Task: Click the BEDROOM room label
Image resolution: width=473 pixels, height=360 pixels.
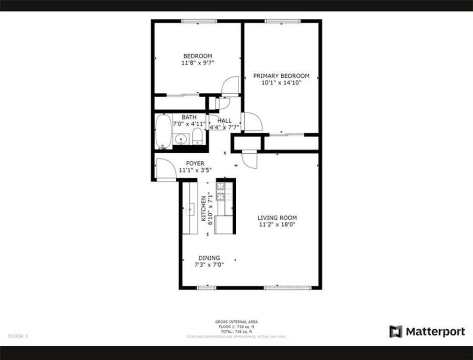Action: (197, 56)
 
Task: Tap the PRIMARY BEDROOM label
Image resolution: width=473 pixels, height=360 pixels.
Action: (281, 76)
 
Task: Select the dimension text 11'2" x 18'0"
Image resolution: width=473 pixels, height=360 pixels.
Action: (277, 225)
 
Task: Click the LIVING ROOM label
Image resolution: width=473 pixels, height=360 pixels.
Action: (277, 217)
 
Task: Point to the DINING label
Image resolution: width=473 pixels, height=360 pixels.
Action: (209, 258)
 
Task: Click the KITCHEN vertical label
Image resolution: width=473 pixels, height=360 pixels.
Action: (203, 209)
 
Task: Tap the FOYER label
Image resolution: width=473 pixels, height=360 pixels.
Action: (195, 164)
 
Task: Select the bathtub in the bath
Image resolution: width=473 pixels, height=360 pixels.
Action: (164, 131)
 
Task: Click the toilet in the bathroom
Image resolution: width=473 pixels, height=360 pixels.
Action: (197, 136)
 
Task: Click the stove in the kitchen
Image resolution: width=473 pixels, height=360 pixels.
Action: (224, 191)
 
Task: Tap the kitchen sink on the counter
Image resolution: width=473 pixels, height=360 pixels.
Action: (190, 209)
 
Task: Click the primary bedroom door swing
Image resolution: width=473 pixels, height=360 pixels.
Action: (252, 121)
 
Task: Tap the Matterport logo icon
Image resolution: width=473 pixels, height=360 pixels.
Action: (396, 331)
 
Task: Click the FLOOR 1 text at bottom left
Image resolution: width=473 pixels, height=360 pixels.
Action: (18, 336)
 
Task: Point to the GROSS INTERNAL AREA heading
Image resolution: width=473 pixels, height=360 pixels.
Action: (236, 322)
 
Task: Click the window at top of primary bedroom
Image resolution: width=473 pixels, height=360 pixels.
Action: (282, 21)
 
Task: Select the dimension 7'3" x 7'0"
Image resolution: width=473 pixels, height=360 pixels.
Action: (209, 264)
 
